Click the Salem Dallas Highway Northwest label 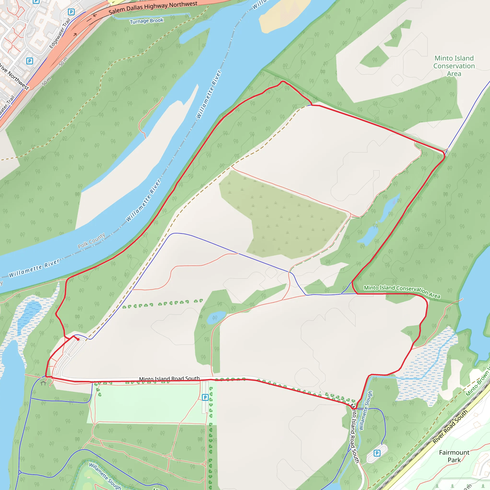[153, 8]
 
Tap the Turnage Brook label [147, 21]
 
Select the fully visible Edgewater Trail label [60, 33]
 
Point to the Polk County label [91, 240]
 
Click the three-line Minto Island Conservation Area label [454, 66]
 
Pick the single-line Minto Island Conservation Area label [402, 291]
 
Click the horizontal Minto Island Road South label [169, 379]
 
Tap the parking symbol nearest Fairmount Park [377, 453]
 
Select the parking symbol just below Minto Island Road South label [205, 397]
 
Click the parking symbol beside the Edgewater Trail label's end [71, 12]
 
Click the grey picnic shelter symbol [43, 383]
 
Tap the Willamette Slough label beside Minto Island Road [366, 410]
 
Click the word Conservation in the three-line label [454, 66]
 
